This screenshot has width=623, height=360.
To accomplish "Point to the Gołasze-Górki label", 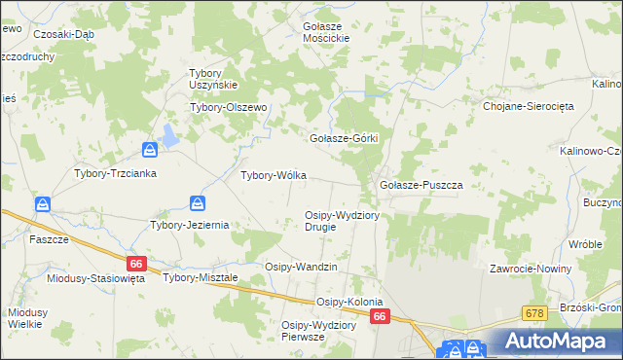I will [343, 138].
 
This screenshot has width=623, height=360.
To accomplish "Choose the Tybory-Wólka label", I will [274, 176].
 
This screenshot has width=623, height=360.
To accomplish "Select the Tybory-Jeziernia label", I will [189, 224].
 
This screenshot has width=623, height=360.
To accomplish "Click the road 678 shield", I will [531, 312].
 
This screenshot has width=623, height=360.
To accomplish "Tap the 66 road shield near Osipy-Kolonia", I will [380, 317].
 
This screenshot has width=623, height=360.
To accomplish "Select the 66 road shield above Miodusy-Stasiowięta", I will [136, 263].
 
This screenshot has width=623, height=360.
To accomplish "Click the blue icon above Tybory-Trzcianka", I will [150, 149].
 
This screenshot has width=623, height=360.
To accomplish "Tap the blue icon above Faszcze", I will [43, 204].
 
